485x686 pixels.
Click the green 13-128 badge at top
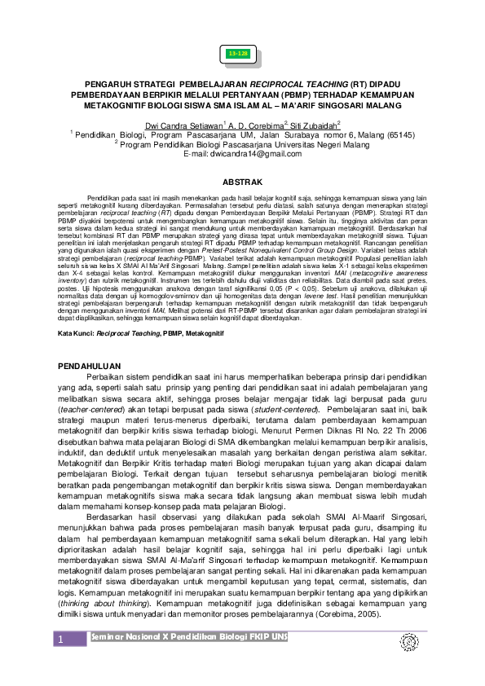(239, 54)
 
